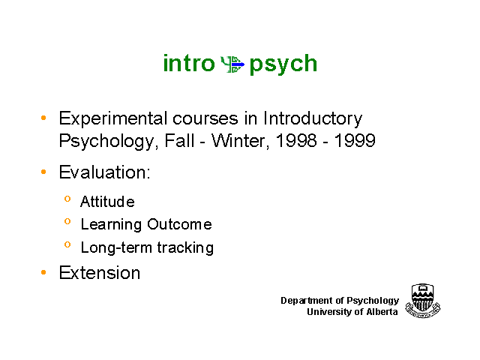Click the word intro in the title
[189, 63]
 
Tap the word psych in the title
[283, 64]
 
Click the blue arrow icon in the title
[233, 64]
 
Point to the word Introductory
[313, 118]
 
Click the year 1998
[296, 141]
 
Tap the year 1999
[355, 141]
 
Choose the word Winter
[240, 141]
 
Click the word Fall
[179, 141]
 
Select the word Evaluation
[104, 172]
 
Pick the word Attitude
[107, 202]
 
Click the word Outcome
[179, 224]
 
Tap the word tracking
[185, 247]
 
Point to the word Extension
[100, 272]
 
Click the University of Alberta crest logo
[423, 301]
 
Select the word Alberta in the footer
[382, 312]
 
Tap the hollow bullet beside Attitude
[67, 199]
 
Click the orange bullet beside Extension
[43, 272]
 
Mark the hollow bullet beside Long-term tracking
[67, 244]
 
